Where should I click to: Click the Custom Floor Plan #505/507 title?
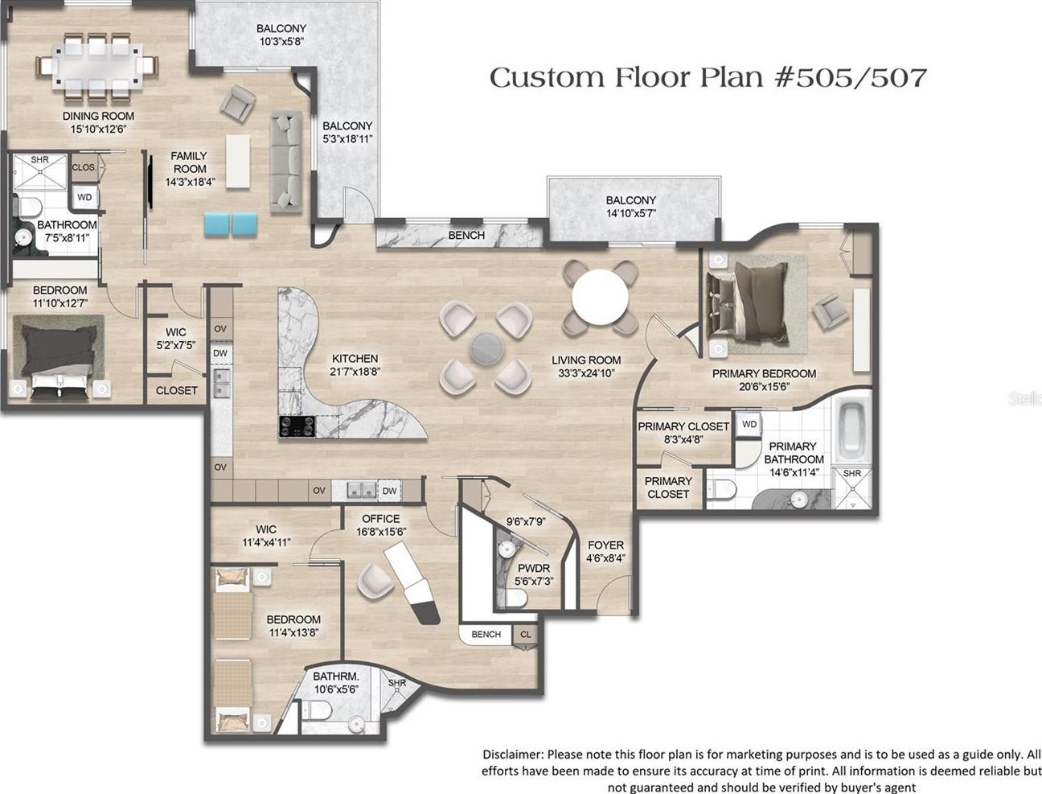708,78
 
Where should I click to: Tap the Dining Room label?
98,116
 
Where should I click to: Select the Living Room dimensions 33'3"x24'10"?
586,373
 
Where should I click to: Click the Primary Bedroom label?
764,374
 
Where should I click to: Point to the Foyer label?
605,545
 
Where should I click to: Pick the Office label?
381,519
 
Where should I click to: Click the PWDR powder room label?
534,568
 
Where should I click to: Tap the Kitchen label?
355,359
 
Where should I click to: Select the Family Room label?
189,163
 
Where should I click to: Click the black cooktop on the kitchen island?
297,426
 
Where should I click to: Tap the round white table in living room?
600,297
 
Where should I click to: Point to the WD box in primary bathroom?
749,424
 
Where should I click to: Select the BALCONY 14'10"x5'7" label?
631,207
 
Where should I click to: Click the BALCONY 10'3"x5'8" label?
281,35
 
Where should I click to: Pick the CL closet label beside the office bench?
526,635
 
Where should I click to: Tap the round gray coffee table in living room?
486,348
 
